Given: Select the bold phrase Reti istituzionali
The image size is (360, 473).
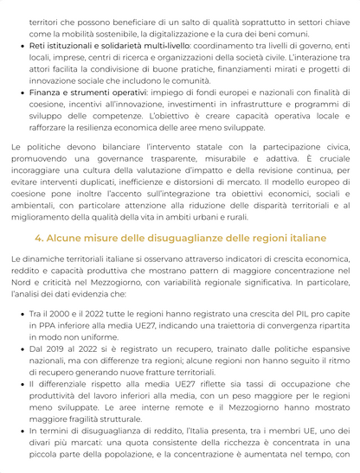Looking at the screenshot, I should click(x=62, y=45).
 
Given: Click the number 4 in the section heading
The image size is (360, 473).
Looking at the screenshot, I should click(x=38, y=237).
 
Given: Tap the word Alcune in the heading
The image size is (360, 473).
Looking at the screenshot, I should click(x=67, y=237).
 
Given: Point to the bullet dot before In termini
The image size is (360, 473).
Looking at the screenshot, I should click(x=22, y=426).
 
